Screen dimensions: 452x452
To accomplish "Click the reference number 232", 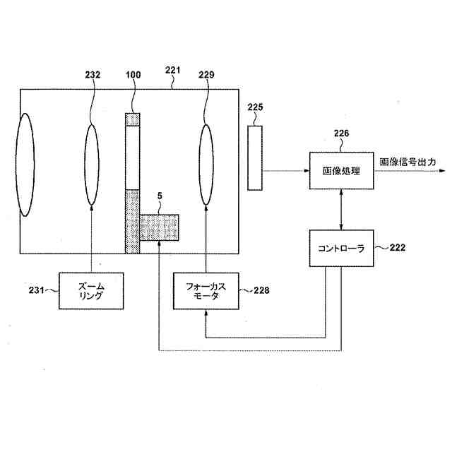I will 93,74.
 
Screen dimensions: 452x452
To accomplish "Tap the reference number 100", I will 133,74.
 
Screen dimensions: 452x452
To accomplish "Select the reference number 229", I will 207,74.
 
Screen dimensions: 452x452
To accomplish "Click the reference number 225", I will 255,107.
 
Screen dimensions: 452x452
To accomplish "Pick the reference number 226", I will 341,132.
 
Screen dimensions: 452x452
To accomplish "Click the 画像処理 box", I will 341,170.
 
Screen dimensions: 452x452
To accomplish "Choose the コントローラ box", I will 342,247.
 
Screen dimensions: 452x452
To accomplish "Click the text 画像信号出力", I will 408,162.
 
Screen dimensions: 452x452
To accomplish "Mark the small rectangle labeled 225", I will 255,157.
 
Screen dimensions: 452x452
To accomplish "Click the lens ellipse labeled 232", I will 93,165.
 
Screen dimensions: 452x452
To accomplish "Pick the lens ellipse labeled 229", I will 207,165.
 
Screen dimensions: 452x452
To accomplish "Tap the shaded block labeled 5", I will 159,228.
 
